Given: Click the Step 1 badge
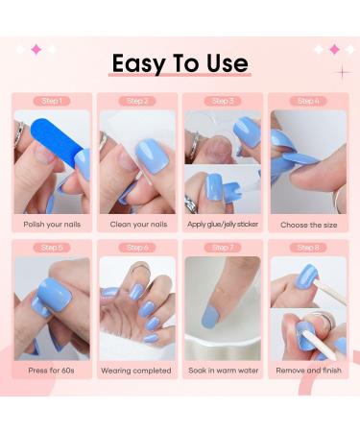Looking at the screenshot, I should [x=53, y=101].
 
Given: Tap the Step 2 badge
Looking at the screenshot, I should [x=137, y=101].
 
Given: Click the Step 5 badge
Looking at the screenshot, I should [x=53, y=247].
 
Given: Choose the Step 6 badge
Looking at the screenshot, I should [x=137, y=247].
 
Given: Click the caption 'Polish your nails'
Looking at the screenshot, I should [x=53, y=224].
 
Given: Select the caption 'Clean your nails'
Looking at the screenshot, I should [x=137, y=224].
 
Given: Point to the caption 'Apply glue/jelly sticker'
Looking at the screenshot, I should [x=222, y=224].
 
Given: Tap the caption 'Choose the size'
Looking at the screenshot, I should [x=307, y=224].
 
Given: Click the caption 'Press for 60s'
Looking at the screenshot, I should [x=53, y=370].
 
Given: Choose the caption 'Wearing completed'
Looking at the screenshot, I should [x=137, y=370].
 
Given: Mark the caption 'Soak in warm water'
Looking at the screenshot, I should [x=222, y=370].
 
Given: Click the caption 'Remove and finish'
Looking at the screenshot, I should [x=307, y=370].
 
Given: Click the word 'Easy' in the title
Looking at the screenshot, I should [x=138, y=64].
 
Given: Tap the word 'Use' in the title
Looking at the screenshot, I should [x=227, y=63].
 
